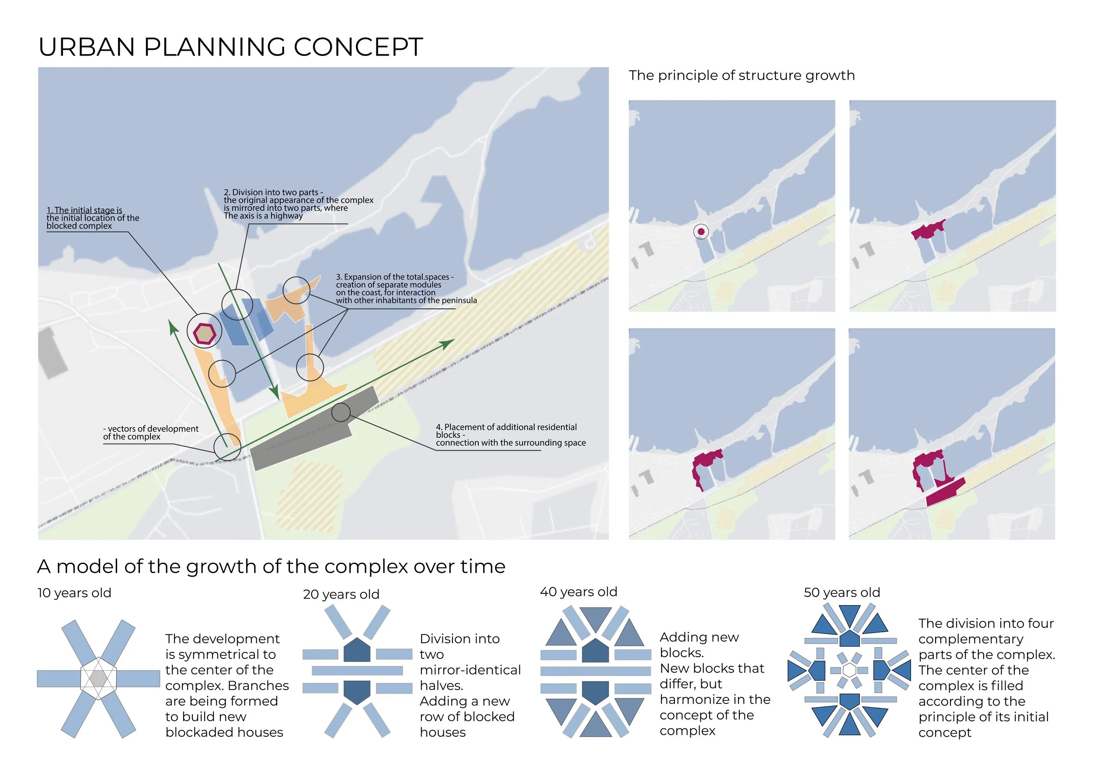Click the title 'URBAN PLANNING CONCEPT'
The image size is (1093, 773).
point(230,47)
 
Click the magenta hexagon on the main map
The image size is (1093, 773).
point(205,333)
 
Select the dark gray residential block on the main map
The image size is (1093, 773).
point(314,428)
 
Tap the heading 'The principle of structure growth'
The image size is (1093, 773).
point(741,75)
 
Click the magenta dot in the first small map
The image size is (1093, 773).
point(701,232)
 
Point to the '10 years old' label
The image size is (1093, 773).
point(74,592)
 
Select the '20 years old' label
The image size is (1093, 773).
point(341,594)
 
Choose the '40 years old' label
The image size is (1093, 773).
point(578,592)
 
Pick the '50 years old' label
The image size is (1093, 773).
point(842,592)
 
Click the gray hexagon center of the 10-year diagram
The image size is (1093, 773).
point(98,678)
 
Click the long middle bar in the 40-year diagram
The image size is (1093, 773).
point(595,671)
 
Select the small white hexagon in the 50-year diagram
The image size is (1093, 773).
point(849,670)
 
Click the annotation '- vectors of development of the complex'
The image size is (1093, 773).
point(151,433)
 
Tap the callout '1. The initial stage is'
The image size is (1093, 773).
point(84,210)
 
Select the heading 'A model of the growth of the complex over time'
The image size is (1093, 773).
point(272,567)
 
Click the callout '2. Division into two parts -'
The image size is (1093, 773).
point(273,192)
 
